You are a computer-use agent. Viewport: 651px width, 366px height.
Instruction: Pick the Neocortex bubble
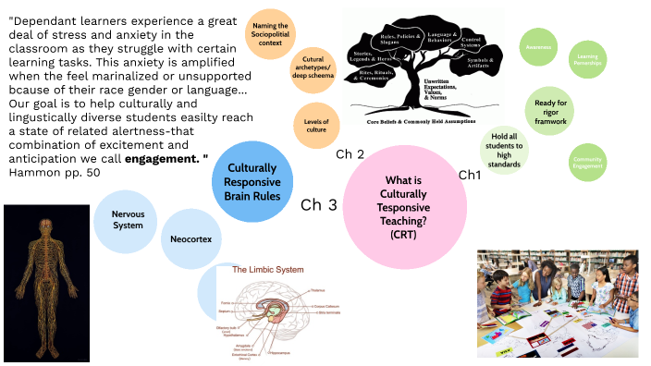(190, 238)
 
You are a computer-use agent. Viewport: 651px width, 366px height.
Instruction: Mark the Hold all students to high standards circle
(506, 149)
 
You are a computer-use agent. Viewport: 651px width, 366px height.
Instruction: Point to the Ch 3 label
(319, 205)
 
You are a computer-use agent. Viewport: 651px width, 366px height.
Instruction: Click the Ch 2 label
(350, 153)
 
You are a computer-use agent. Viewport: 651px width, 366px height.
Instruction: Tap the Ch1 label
(471, 175)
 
